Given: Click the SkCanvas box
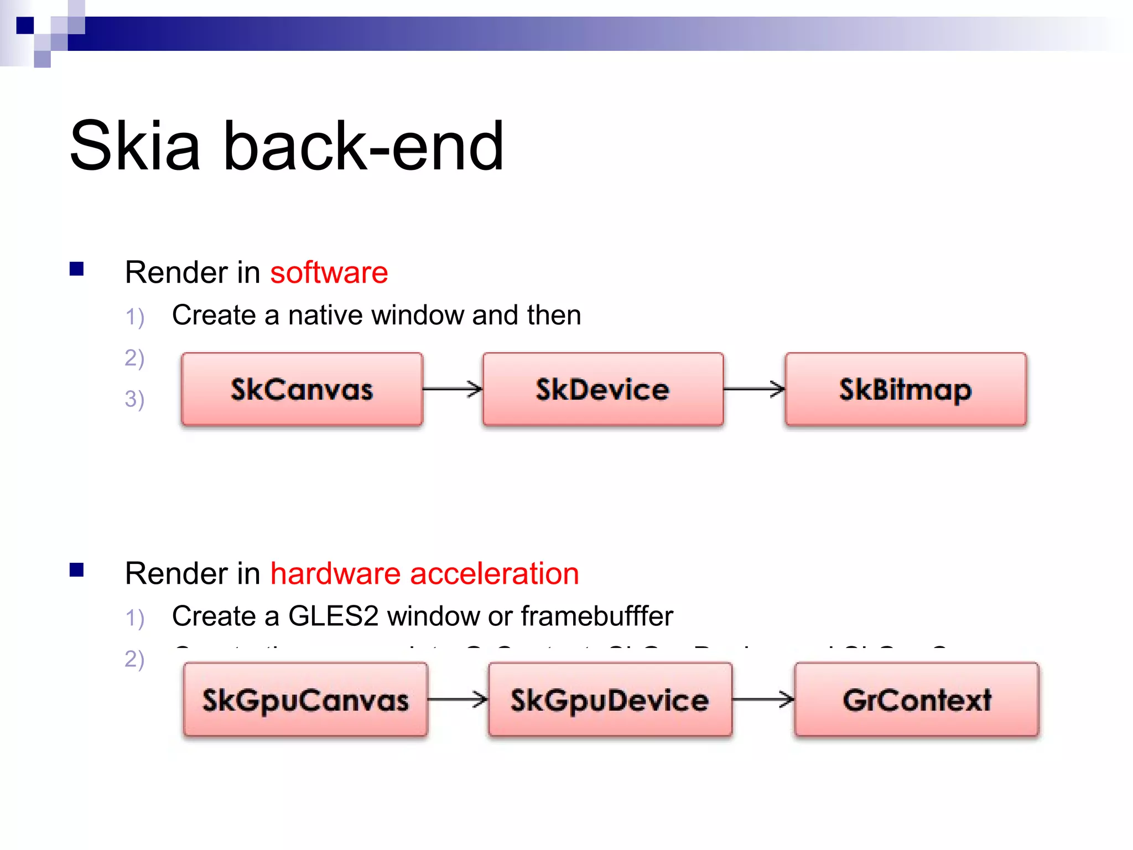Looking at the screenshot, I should point(302,390).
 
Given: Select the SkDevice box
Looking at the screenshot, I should point(603,390).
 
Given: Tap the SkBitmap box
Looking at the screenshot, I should point(906,390).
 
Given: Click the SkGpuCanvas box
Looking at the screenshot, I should point(305,700).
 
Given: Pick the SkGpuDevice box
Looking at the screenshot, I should point(610,700).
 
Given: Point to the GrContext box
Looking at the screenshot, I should point(917,700).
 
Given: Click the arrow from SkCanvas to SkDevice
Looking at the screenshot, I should point(453,389).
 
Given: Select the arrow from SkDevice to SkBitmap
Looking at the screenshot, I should point(754,389).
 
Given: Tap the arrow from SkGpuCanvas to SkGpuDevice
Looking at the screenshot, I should point(458,699).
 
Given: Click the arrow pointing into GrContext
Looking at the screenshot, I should point(763,699).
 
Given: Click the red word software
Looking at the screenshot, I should point(329,273).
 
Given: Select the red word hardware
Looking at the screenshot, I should point(335,573).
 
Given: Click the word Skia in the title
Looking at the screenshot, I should point(134,146).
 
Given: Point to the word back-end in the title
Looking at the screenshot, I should point(363,146).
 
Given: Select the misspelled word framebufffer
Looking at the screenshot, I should point(597,616).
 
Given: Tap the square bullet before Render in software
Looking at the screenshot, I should point(76,269).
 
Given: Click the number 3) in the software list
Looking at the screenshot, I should point(134,399).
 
